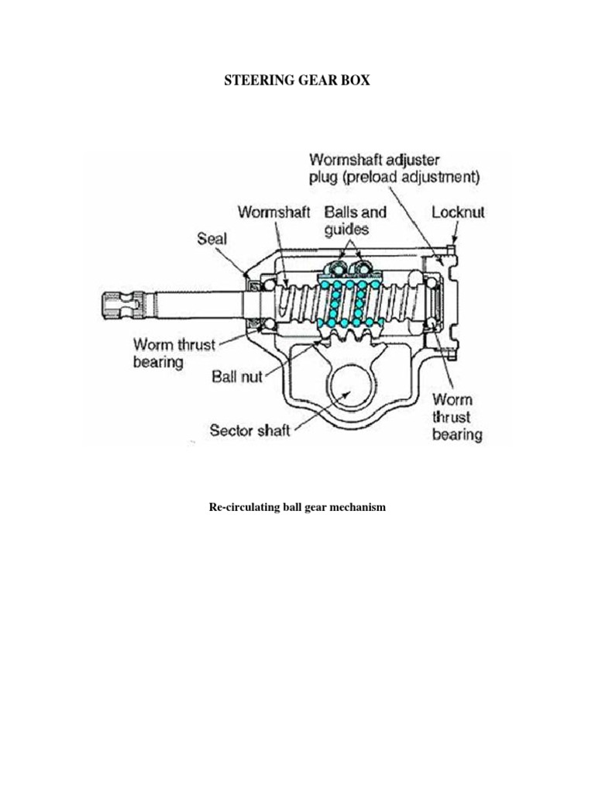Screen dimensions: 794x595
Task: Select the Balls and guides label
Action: point(355,220)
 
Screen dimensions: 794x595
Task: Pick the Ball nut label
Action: point(237,378)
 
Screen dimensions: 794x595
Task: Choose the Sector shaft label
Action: point(249,430)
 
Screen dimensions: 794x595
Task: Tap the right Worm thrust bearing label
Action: point(457,417)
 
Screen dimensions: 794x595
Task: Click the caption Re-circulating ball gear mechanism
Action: point(297,506)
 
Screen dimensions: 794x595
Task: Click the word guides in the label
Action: point(347,230)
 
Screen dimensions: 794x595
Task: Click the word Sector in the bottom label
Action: point(231,430)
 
